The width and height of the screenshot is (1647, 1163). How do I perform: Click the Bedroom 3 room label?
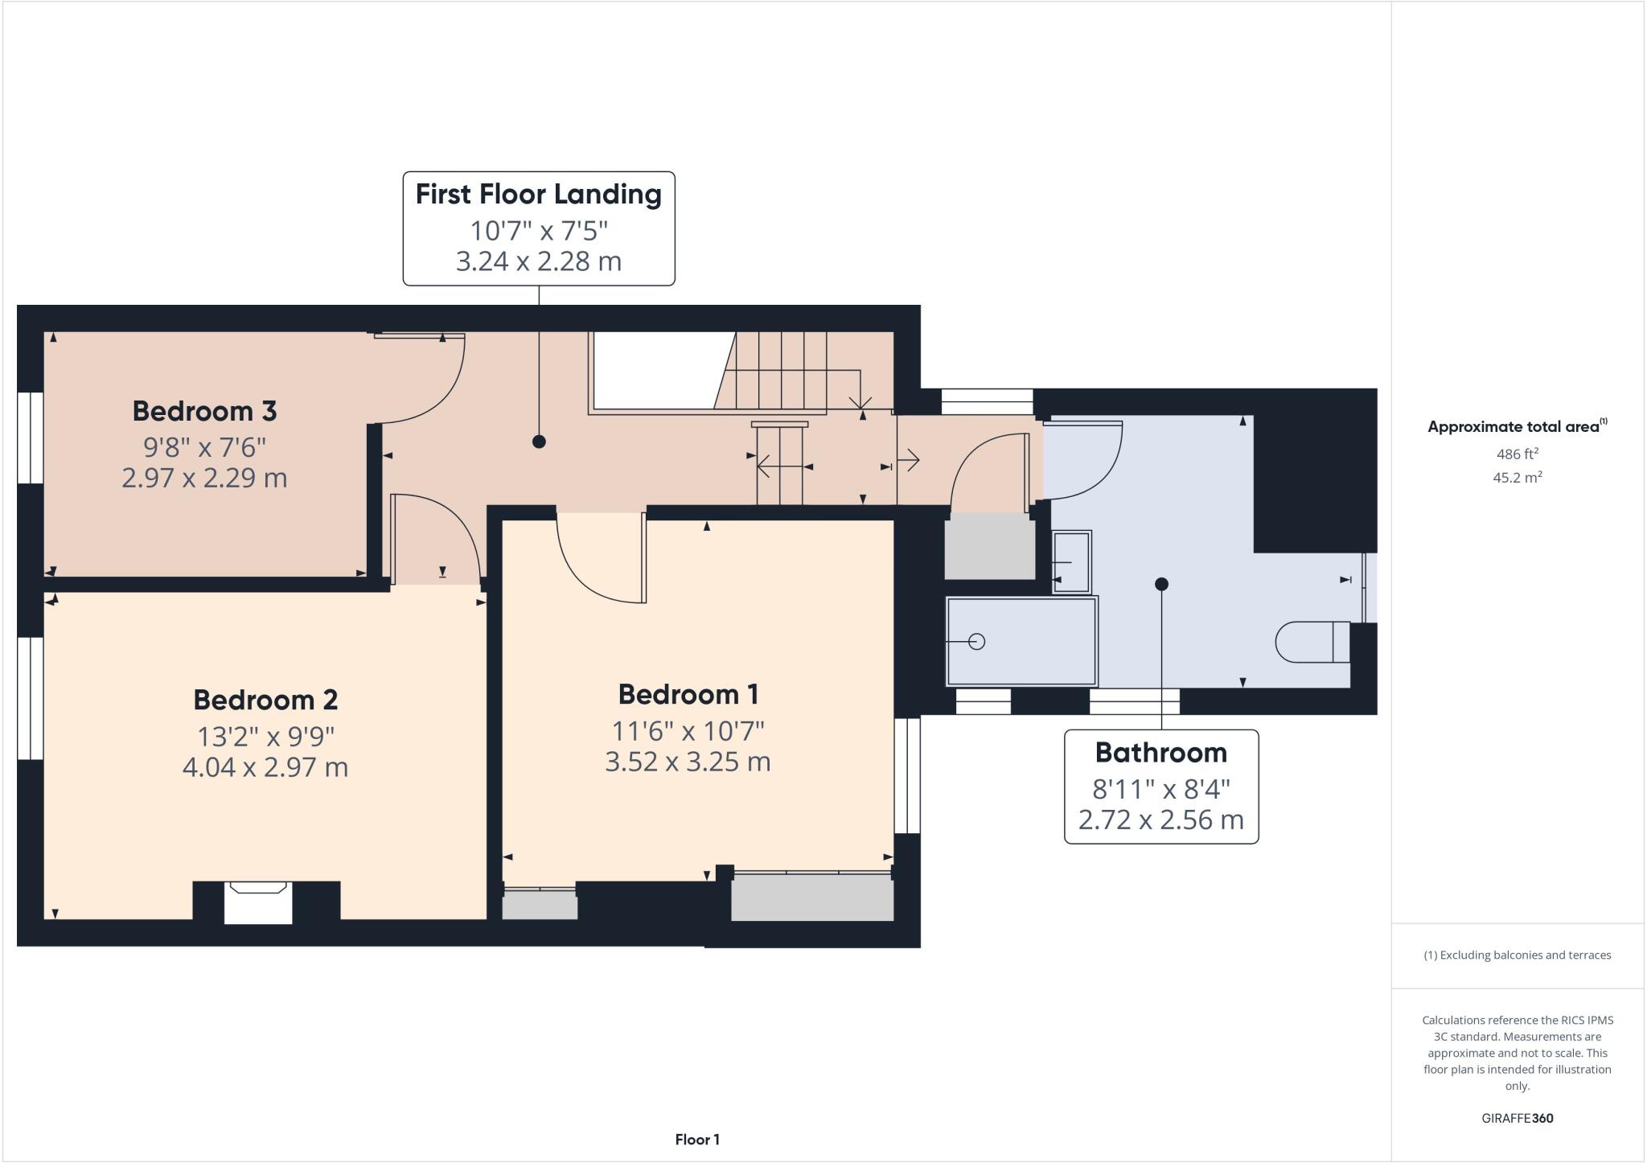[x=204, y=411]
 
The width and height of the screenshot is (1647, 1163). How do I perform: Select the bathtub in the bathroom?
[x=1021, y=641]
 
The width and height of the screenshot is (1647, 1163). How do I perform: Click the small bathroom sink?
[x=1071, y=561]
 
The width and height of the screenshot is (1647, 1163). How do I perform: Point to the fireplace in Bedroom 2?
[x=258, y=901]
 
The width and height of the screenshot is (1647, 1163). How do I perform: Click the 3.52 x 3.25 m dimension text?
[x=688, y=762]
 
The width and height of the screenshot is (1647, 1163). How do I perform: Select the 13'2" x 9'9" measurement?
[x=265, y=735]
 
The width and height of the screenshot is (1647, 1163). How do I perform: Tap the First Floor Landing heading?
[x=538, y=194]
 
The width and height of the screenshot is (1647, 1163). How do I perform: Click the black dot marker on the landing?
[x=539, y=442]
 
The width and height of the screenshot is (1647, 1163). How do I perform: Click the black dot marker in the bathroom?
[x=1161, y=584]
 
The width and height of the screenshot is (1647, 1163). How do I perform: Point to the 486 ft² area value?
[x=1517, y=454]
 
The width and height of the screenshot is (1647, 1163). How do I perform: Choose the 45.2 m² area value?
[x=1517, y=478]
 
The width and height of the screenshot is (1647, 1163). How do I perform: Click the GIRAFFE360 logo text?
[x=1517, y=1118]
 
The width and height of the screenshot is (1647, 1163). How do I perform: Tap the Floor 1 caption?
[x=696, y=1140]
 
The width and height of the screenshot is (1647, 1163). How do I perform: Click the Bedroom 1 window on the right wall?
[x=907, y=775]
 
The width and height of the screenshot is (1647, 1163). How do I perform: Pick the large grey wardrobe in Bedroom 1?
[x=812, y=897]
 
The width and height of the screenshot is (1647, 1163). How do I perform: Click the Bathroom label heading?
[x=1160, y=753]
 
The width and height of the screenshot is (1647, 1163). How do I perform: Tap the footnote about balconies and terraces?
[x=1517, y=955]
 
